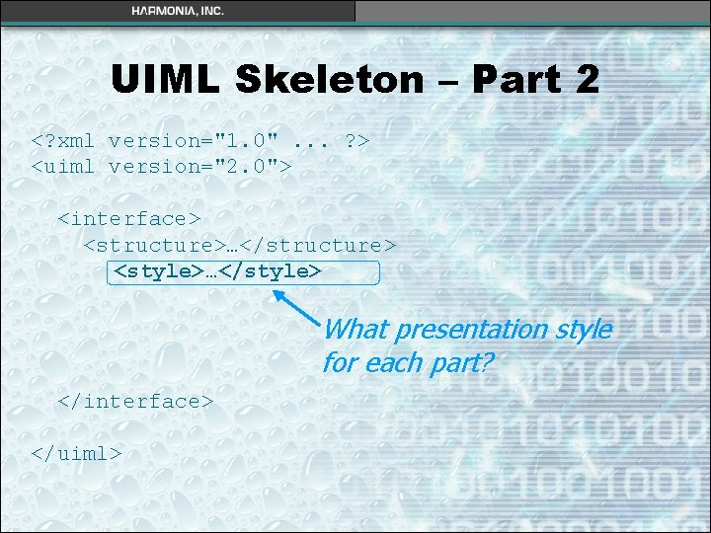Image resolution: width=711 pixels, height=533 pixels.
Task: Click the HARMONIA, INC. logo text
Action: (x=178, y=11)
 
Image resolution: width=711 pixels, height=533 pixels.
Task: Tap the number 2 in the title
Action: (x=584, y=79)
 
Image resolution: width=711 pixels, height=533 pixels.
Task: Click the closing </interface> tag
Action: (x=135, y=401)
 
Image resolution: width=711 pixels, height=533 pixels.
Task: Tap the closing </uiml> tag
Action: (x=77, y=453)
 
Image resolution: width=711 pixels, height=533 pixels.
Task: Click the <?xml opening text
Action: (x=65, y=140)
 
